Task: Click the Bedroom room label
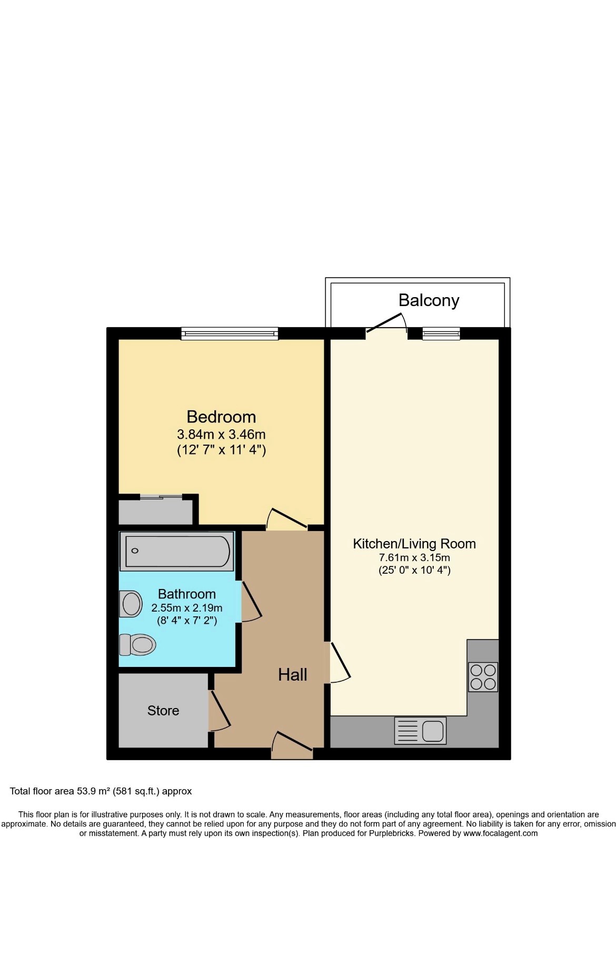(221, 417)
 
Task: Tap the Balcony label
(429, 300)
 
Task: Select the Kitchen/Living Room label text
(414, 544)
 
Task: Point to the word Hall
(293, 675)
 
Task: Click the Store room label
(163, 711)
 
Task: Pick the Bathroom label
(187, 594)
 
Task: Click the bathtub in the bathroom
(177, 552)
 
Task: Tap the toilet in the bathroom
(137, 644)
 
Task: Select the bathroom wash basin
(131, 604)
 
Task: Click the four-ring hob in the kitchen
(483, 677)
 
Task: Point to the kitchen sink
(420, 731)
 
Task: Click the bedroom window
(230, 333)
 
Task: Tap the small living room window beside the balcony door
(441, 333)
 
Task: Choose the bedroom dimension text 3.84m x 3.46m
(221, 435)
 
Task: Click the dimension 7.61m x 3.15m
(414, 557)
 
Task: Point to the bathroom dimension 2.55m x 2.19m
(187, 608)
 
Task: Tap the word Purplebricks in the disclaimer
(391, 833)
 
